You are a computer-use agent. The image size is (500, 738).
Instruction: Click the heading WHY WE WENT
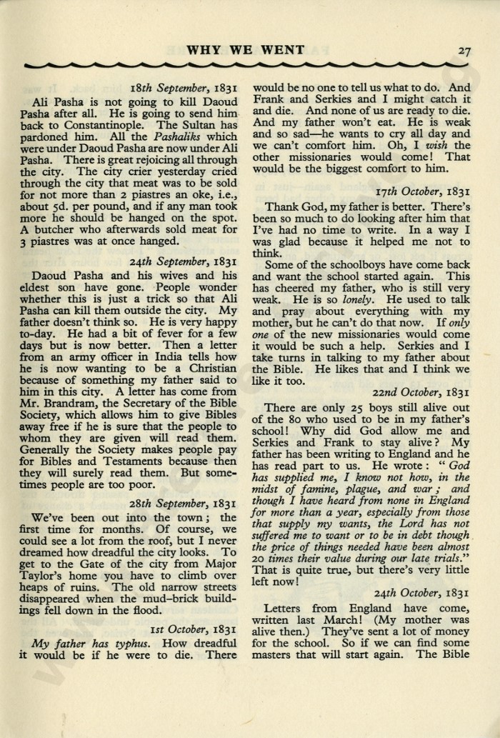point(245,50)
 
